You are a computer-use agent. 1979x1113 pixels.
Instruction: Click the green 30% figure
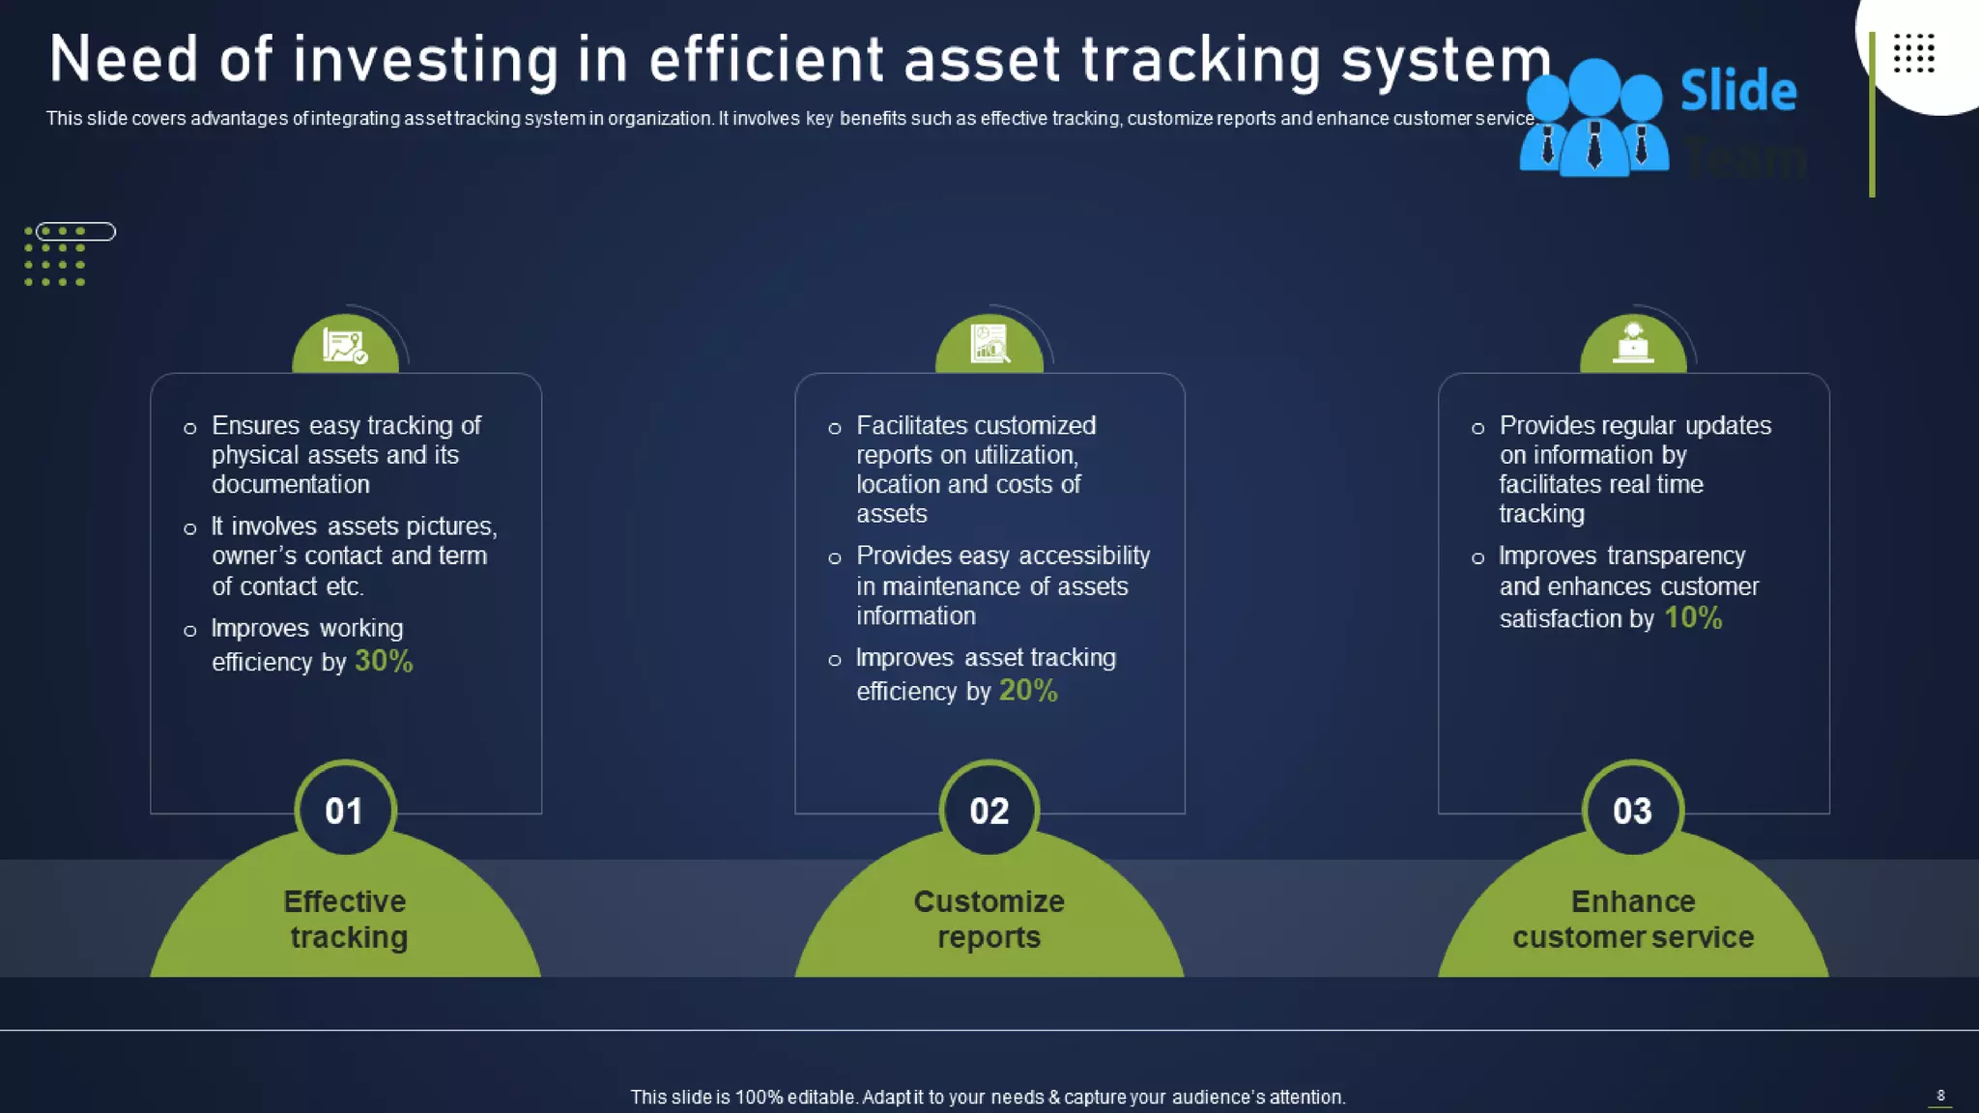(x=384, y=661)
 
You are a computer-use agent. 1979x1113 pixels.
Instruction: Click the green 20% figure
(x=1028, y=691)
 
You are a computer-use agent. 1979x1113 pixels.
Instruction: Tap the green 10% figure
(x=1693, y=617)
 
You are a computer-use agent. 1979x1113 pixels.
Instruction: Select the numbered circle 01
(x=344, y=811)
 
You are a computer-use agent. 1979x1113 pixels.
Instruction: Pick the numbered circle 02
(x=989, y=811)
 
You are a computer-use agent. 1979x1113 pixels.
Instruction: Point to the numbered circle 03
(x=1632, y=811)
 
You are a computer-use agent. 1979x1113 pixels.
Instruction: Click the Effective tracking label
(x=346, y=919)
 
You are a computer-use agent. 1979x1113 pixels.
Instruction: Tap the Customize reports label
(x=989, y=919)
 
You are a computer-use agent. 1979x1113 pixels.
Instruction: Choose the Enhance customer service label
(x=1632, y=919)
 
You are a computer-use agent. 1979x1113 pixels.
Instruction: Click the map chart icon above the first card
(x=345, y=345)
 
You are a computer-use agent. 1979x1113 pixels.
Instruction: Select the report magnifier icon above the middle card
(x=989, y=344)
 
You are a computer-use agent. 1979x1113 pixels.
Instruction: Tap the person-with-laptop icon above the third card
(x=1633, y=343)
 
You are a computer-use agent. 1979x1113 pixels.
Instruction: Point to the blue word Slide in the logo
(x=1738, y=91)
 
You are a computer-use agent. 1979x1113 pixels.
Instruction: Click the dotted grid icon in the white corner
(x=1913, y=53)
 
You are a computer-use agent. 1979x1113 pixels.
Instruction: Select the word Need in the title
(x=124, y=60)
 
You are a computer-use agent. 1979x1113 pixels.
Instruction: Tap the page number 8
(x=1940, y=1095)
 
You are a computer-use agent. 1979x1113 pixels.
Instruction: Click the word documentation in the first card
(x=291, y=484)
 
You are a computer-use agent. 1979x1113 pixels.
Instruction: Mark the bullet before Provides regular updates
(x=1477, y=428)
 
